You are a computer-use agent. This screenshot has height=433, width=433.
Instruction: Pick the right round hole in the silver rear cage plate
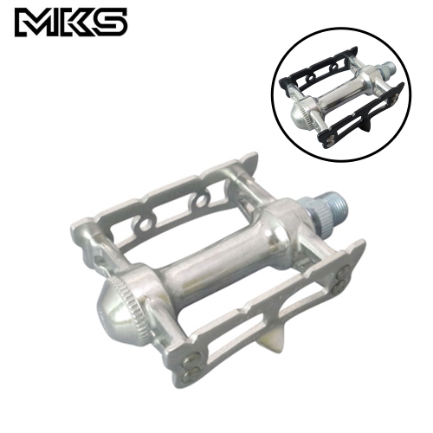click(x=200, y=202)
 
